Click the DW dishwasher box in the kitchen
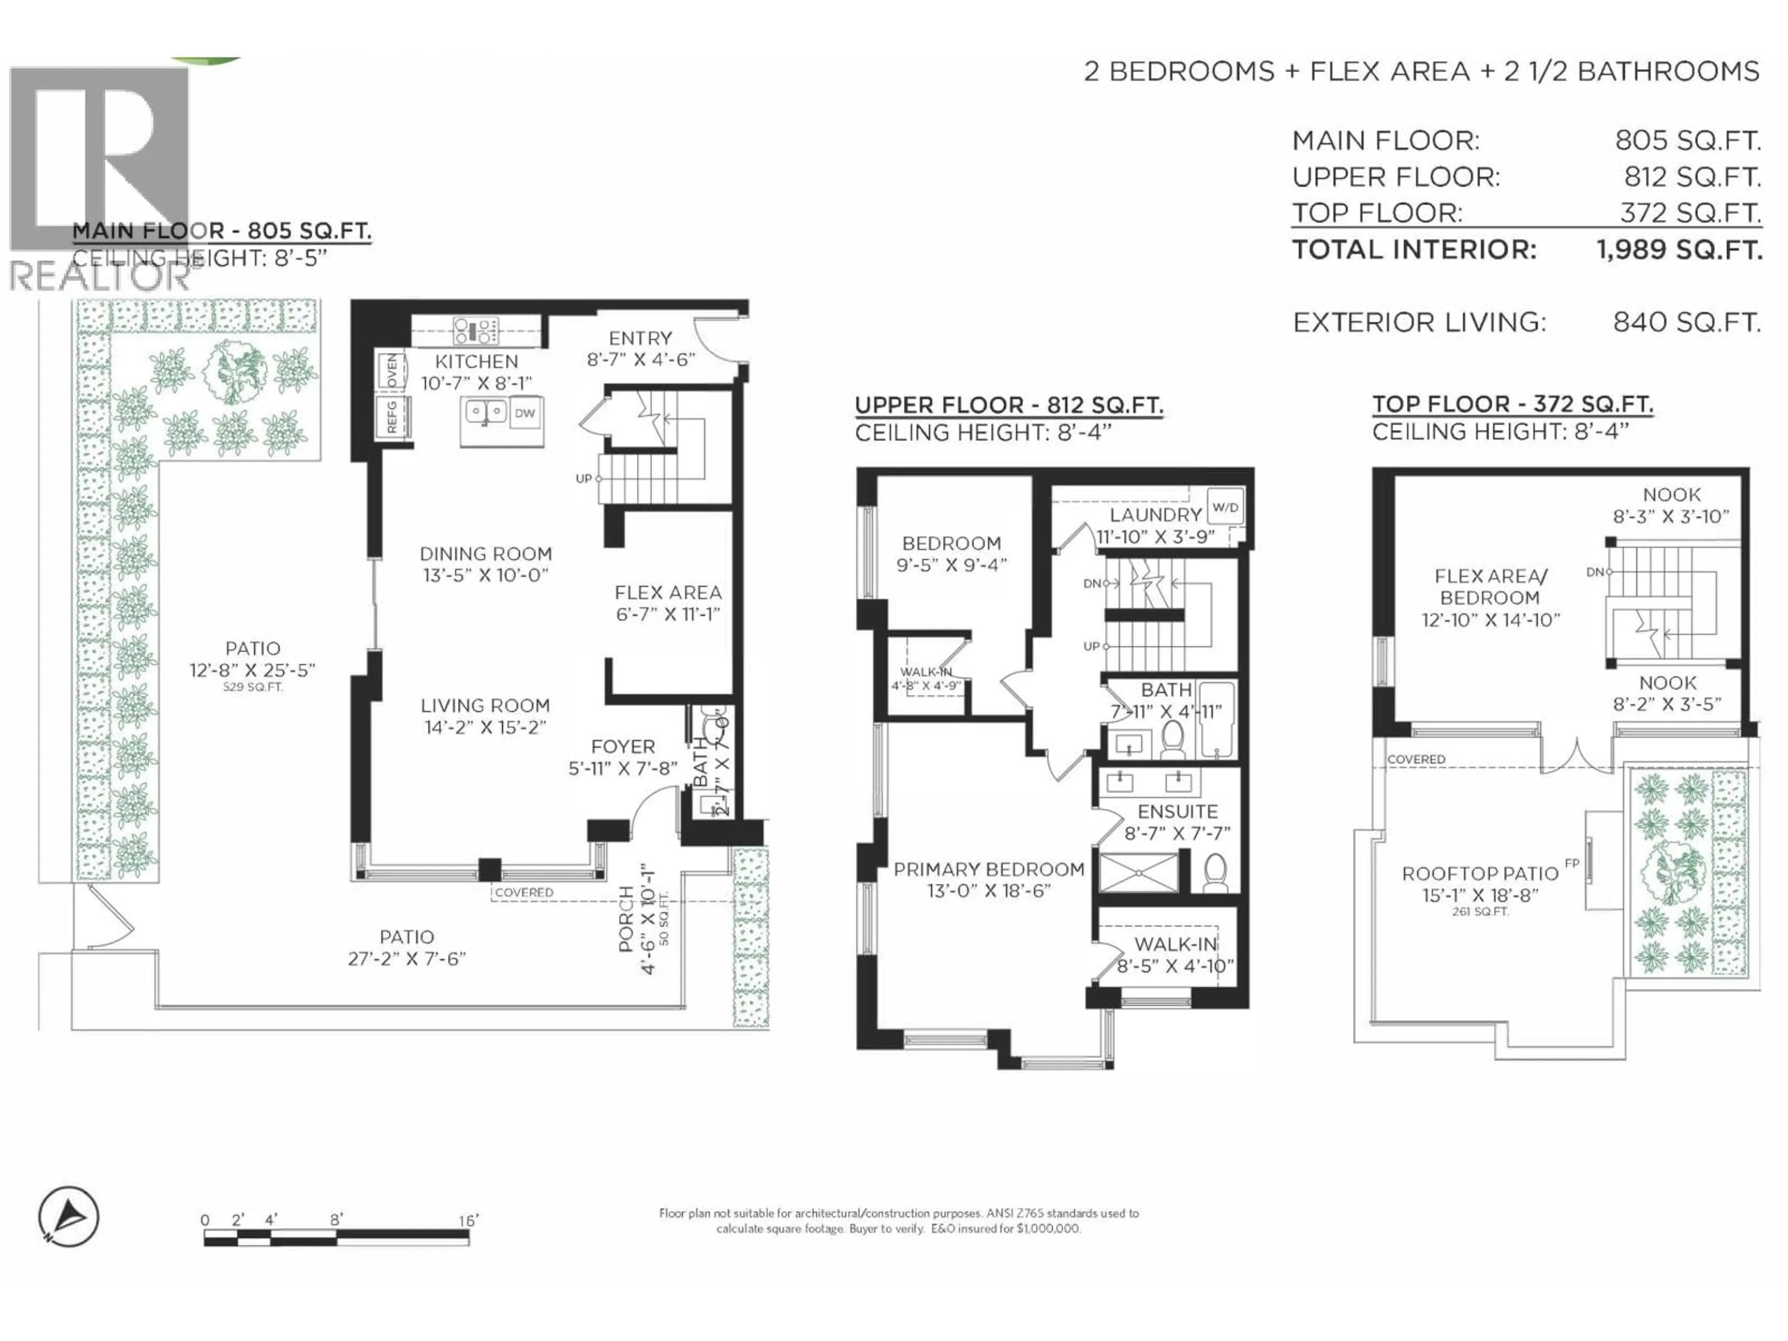pyautogui.click(x=525, y=413)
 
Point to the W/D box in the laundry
pyautogui.click(x=1225, y=508)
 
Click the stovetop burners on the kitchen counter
pyautogui.click(x=475, y=331)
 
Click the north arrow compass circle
pyautogui.click(x=69, y=1217)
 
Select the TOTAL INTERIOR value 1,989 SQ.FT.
pyautogui.click(x=1679, y=250)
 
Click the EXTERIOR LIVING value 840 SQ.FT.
pyautogui.click(x=1686, y=323)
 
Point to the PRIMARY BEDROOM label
pyautogui.click(x=989, y=870)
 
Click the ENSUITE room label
pyautogui.click(x=1177, y=812)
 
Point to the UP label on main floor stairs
pyautogui.click(x=583, y=479)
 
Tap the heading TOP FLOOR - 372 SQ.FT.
pyautogui.click(x=1511, y=404)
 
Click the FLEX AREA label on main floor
pyautogui.click(x=668, y=592)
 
